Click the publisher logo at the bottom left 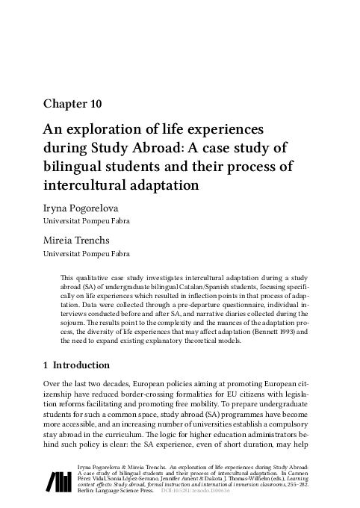click(x=62, y=481)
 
